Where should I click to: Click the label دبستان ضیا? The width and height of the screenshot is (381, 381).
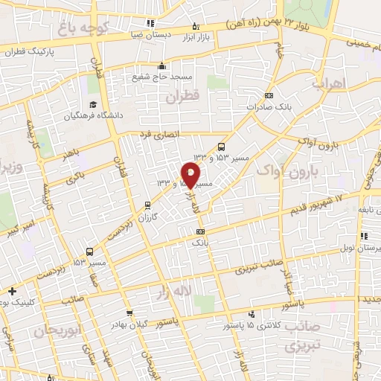point(167,34)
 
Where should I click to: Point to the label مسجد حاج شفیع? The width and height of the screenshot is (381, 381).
point(174,77)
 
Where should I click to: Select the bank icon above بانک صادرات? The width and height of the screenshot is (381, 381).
point(269,95)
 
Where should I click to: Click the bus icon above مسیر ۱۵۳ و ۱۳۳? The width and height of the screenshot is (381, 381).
point(221,147)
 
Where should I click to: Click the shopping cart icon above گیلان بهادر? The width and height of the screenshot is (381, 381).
point(130,313)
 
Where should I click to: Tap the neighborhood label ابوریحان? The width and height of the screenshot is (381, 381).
point(57,330)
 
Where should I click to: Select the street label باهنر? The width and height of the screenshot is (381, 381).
point(72,154)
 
